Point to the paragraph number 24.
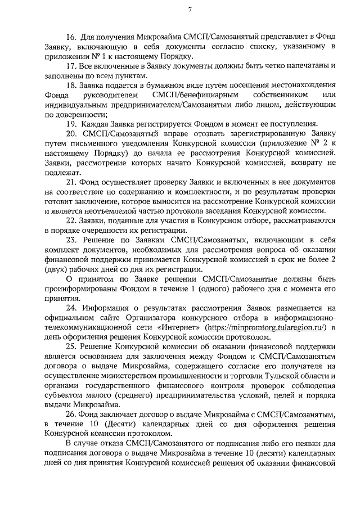coord(71,308)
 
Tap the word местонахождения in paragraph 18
coord(294,85)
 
